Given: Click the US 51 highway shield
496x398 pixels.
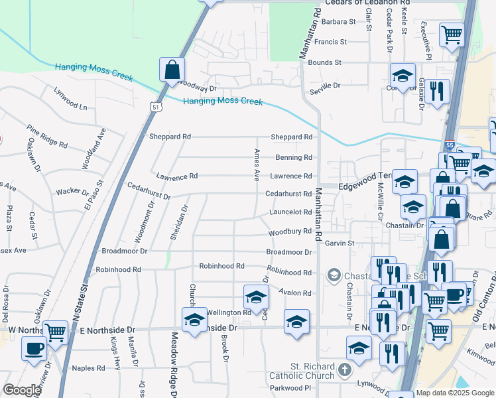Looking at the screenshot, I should click(155, 107).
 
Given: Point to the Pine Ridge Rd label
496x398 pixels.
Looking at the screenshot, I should click(47, 135).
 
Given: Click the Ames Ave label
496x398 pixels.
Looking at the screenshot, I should click(256, 165).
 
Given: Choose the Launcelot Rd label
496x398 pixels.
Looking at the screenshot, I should click(290, 212).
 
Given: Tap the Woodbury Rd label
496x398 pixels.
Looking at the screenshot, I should click(290, 232).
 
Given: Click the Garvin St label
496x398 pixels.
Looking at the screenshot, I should click(340, 243).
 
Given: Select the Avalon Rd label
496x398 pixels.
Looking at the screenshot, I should click(295, 293).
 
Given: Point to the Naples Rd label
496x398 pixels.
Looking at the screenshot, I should click(88, 368).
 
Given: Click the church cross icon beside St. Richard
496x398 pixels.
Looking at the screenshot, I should click(343, 369).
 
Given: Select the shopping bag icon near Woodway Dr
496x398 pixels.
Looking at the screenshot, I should click(172, 70).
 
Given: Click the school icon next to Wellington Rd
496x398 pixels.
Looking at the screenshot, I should click(256, 297).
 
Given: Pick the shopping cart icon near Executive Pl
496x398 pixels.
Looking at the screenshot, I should click(452, 34).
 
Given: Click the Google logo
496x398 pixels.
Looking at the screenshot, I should click(21, 390).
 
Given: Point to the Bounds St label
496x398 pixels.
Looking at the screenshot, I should click(324, 62).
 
